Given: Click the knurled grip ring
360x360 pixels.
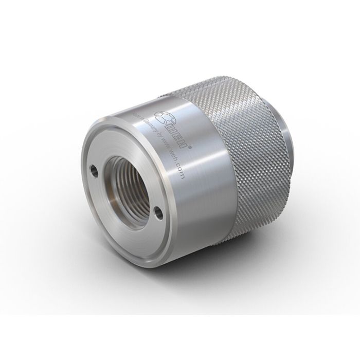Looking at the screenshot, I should tap(242, 154).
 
